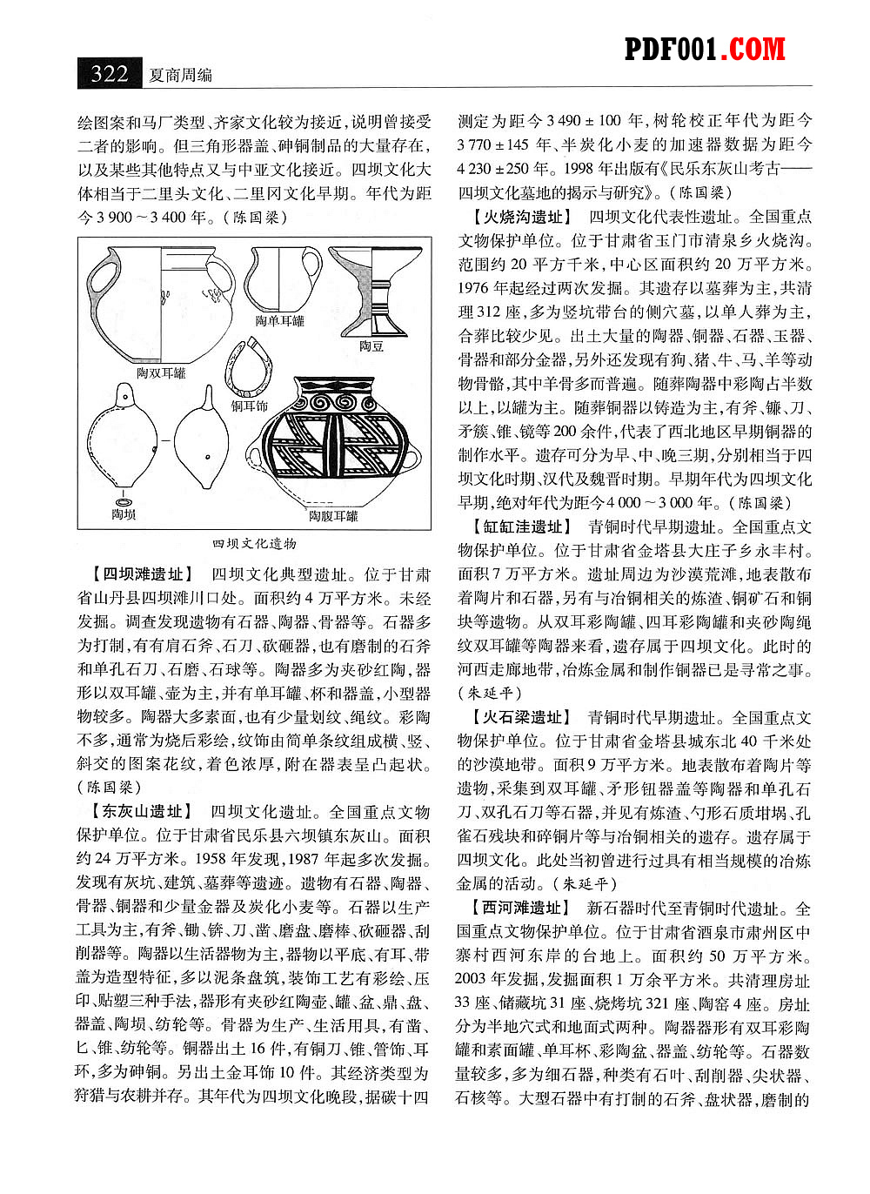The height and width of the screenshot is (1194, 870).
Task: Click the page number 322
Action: click(110, 73)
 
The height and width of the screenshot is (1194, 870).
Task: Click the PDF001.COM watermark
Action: click(705, 50)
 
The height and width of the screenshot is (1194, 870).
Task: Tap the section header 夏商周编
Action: click(181, 75)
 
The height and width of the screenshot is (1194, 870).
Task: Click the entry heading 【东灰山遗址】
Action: click(138, 812)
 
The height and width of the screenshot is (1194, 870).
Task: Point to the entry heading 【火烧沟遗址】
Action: click(519, 217)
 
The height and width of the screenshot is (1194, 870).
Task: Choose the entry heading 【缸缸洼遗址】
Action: click(519, 527)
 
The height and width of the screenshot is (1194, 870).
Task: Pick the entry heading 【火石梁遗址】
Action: click(519, 717)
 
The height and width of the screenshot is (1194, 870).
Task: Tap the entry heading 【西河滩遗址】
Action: click(519, 908)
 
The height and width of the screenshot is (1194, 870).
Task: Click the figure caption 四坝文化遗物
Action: click(254, 543)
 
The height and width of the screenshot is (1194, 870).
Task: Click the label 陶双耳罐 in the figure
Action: click(162, 372)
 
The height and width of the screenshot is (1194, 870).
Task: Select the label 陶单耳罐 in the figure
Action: click(279, 321)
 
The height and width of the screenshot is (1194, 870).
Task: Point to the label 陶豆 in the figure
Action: click(371, 346)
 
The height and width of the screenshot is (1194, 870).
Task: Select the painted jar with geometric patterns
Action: click(334, 444)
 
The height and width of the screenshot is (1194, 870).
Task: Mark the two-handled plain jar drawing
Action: click(160, 304)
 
